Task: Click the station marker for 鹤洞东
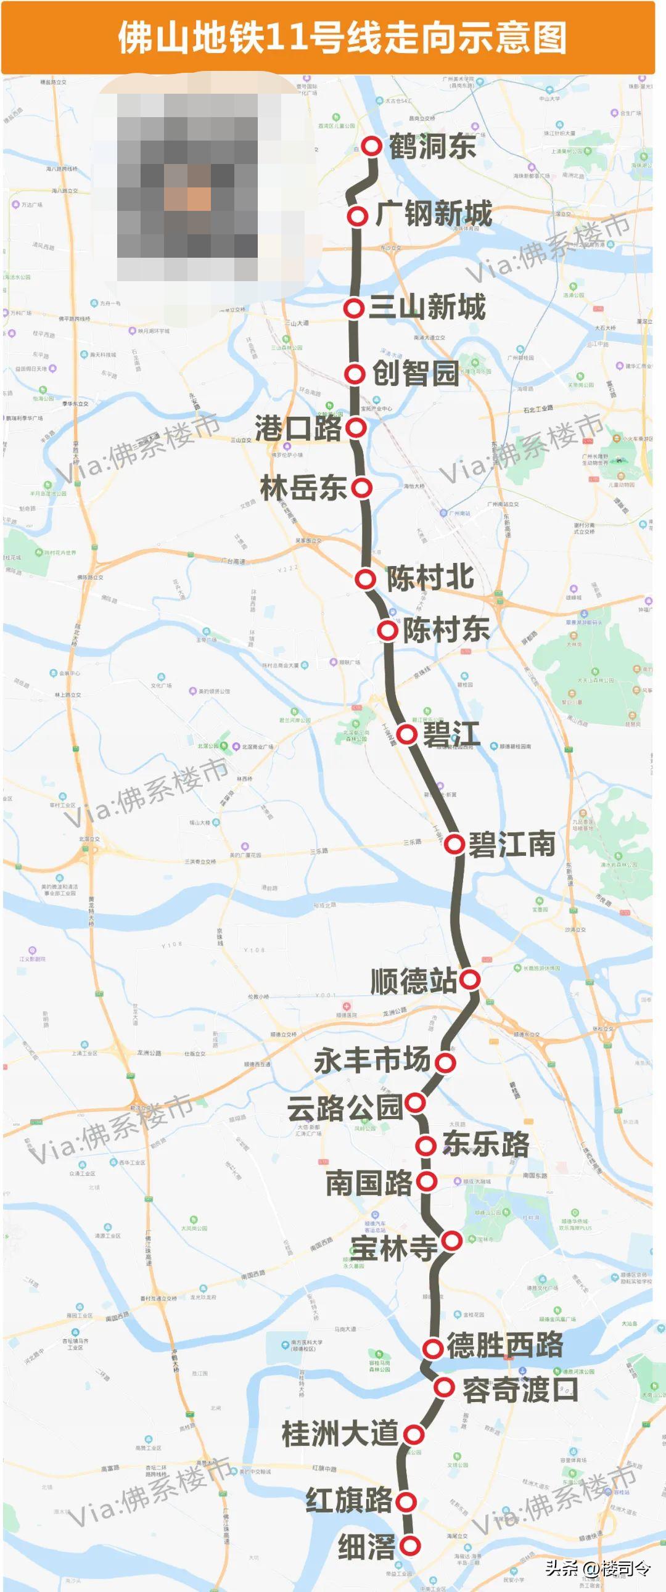click(372, 147)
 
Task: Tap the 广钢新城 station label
click(434, 214)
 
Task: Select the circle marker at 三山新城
click(355, 308)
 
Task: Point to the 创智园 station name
click(416, 372)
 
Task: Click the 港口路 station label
click(298, 428)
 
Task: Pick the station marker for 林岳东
click(362, 488)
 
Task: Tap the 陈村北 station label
click(430, 577)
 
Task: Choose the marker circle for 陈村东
click(388, 630)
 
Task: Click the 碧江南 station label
click(512, 843)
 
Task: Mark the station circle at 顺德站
click(470, 979)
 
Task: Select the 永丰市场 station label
click(372, 1061)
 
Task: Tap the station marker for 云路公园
click(415, 1102)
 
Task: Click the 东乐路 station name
click(486, 1144)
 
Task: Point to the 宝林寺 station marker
click(452, 1241)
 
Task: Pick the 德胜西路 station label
click(504, 1345)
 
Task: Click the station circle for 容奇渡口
click(444, 1387)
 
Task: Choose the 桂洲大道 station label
click(340, 1433)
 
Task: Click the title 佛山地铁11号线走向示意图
click(343, 37)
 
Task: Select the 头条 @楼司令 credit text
click(598, 1567)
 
